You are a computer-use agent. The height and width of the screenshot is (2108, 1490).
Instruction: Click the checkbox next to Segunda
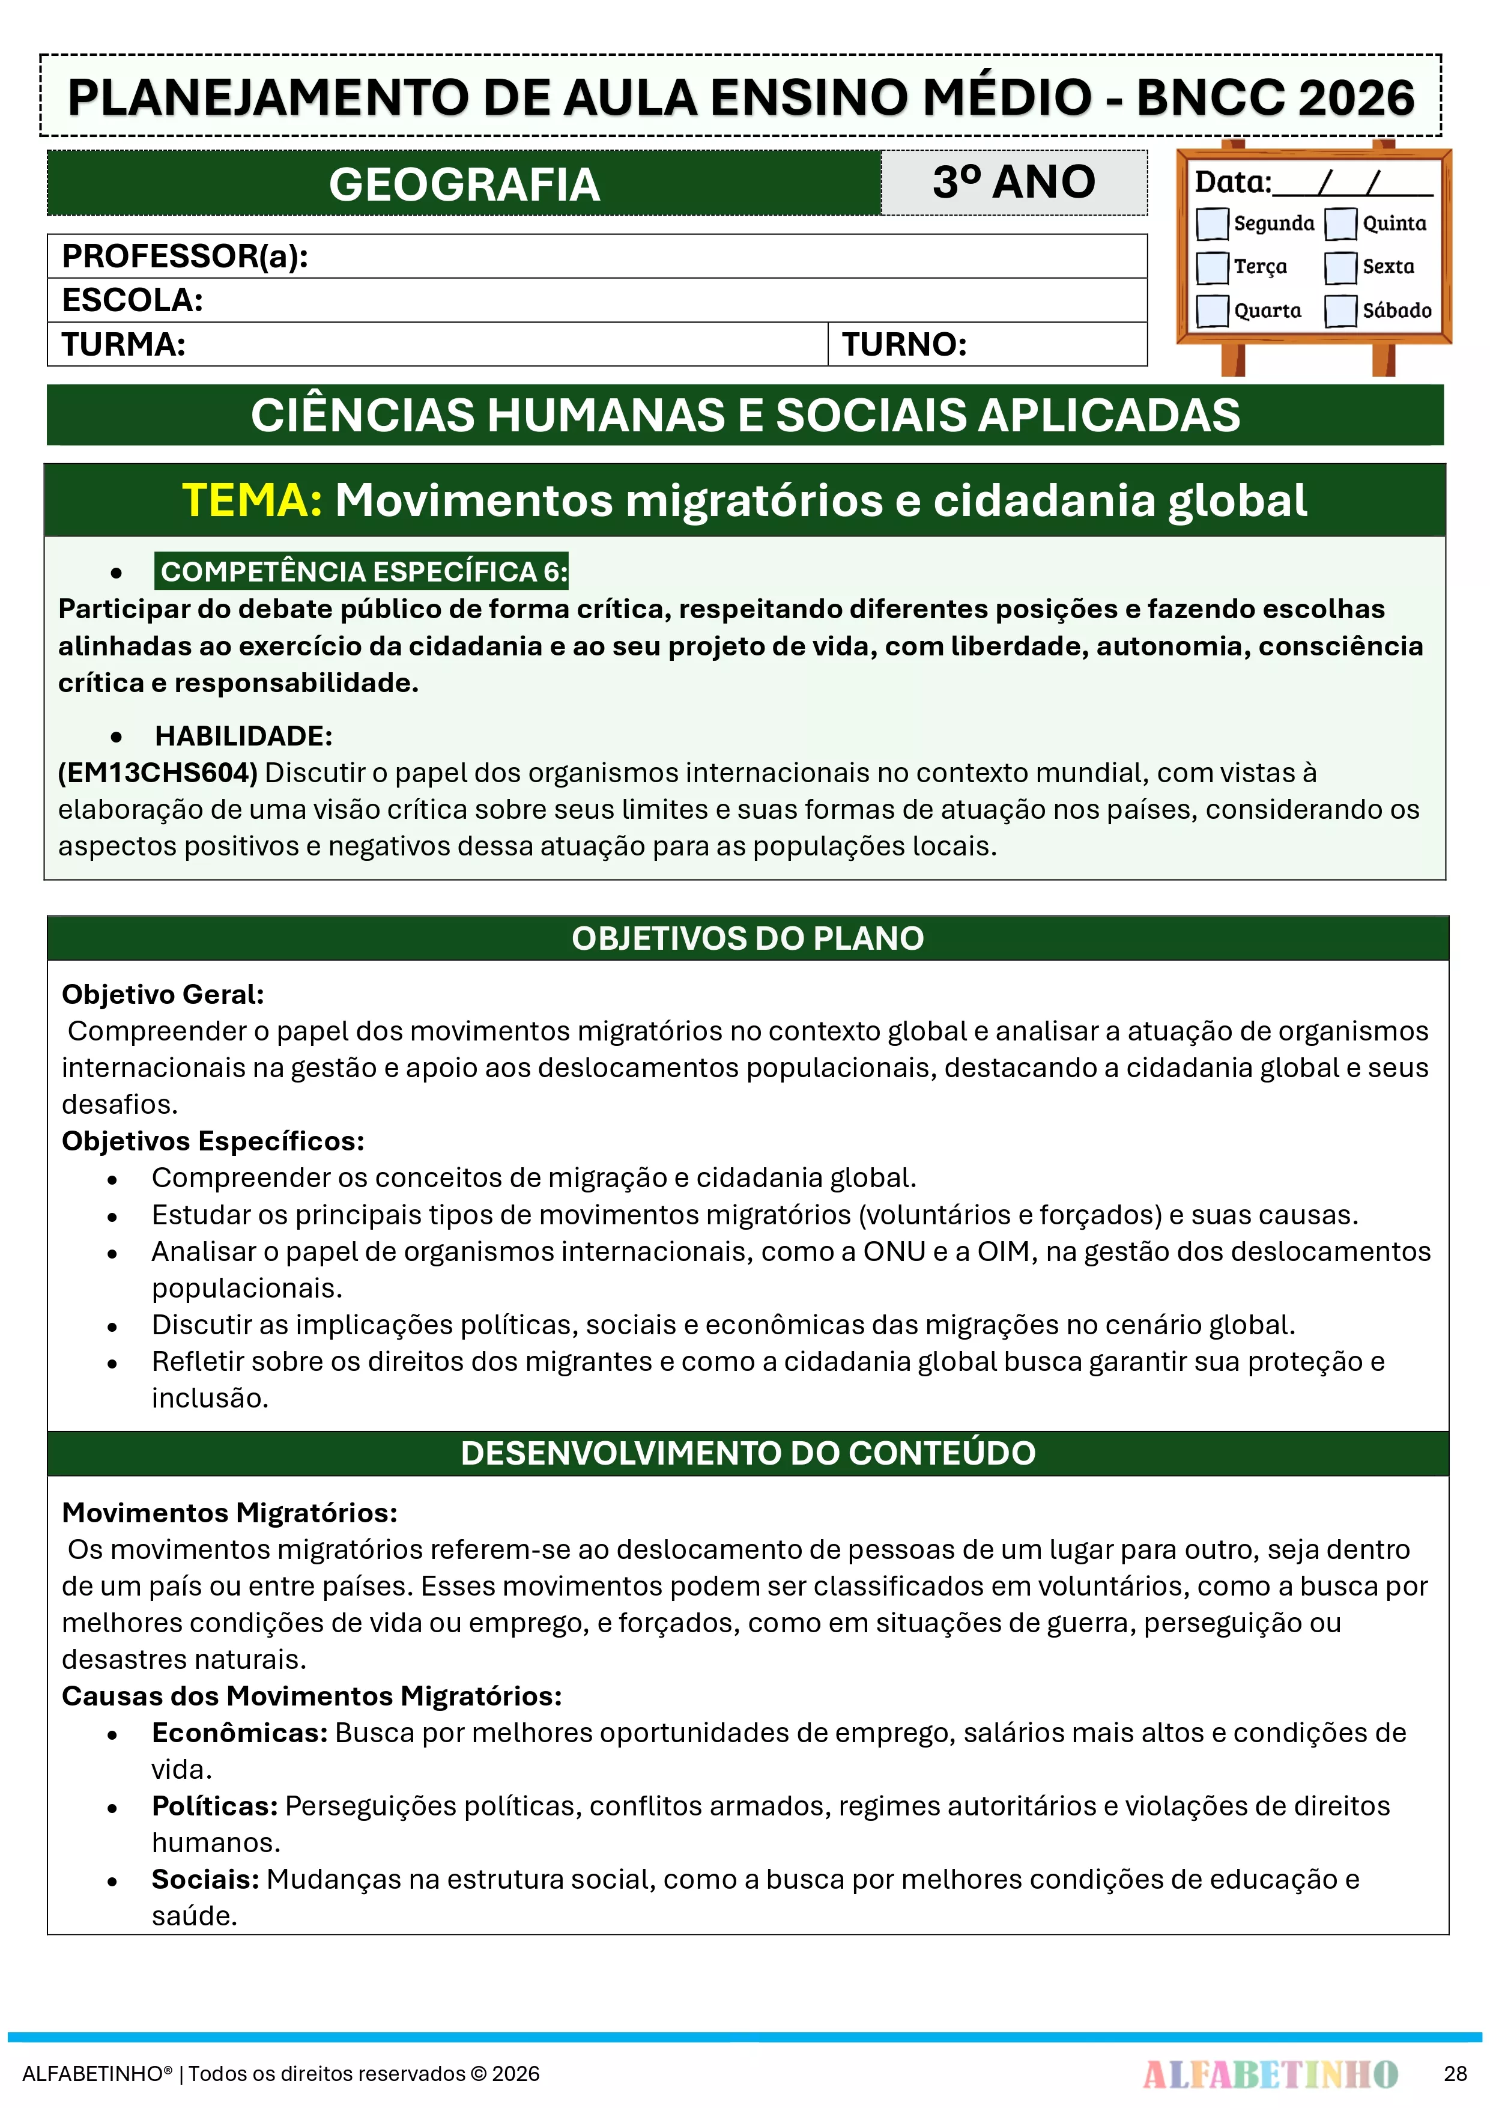pyautogui.click(x=1212, y=223)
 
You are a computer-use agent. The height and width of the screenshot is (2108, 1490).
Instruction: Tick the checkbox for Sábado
pyautogui.click(x=1340, y=311)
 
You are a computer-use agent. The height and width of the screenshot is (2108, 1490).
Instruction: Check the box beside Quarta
pyautogui.click(x=1212, y=311)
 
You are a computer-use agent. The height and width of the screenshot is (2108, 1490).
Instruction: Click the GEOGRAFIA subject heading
pyautogui.click(x=464, y=184)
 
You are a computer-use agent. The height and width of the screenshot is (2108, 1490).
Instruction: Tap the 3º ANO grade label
pyautogui.click(x=1014, y=182)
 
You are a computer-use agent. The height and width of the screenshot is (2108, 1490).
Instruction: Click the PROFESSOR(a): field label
pyautogui.click(x=184, y=256)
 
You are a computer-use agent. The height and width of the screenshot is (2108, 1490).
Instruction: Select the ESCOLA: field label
pyautogui.click(x=132, y=300)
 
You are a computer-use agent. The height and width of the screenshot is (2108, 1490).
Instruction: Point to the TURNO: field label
pyautogui.click(x=904, y=344)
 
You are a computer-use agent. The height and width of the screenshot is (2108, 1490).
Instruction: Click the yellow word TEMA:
pyautogui.click(x=252, y=500)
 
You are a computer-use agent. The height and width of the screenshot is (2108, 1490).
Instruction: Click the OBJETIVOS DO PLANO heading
pyautogui.click(x=747, y=938)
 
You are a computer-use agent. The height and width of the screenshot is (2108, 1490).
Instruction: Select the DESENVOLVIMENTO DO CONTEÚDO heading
pyautogui.click(x=747, y=1453)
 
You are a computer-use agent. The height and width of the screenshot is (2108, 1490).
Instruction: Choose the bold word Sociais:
pyautogui.click(x=205, y=1879)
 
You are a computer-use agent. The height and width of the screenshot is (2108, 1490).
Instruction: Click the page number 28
pyautogui.click(x=1455, y=2073)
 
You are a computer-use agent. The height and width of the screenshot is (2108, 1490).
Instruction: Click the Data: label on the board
pyautogui.click(x=1232, y=182)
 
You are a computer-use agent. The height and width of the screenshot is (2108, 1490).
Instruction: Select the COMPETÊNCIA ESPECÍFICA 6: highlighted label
pyautogui.click(x=363, y=571)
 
